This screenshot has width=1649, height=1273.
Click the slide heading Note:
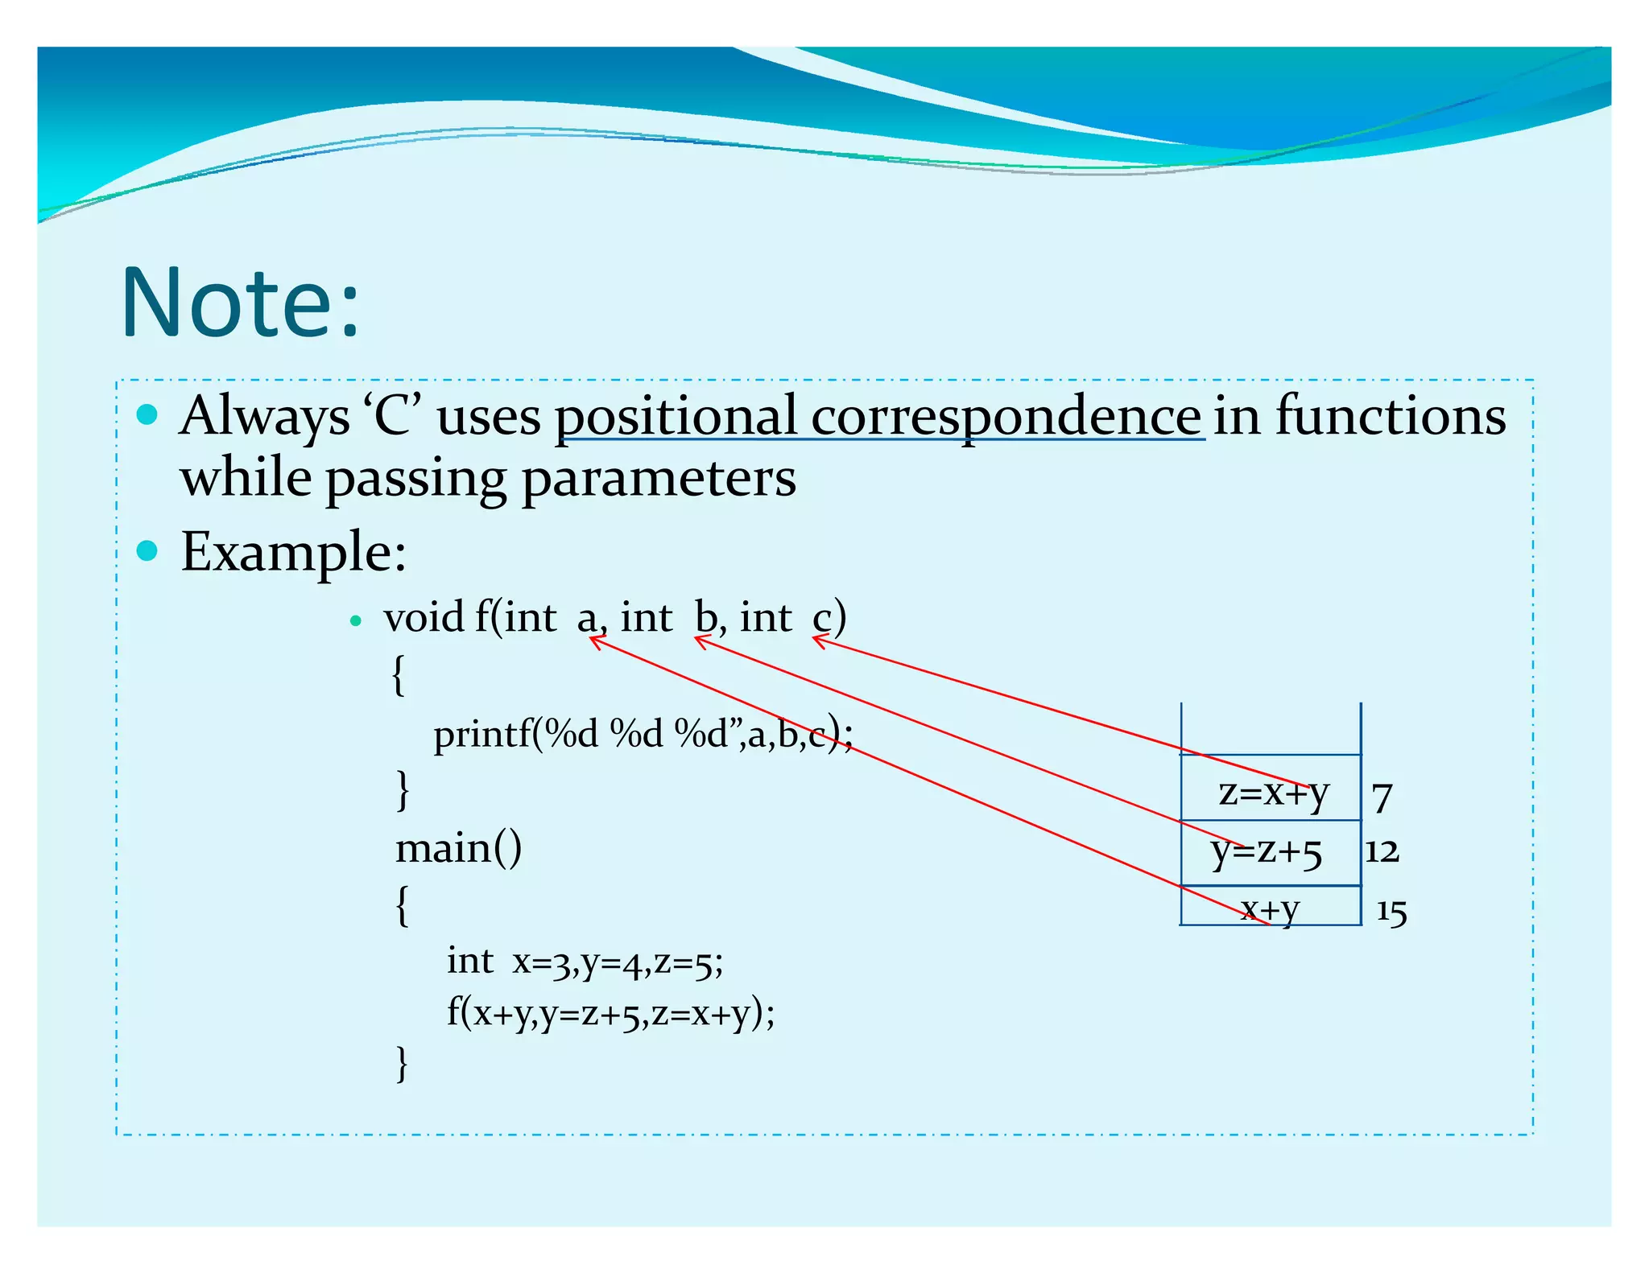pyautogui.click(x=240, y=303)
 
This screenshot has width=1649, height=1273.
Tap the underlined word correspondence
pyautogui.click(x=1006, y=418)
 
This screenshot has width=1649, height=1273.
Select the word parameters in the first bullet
pyautogui.click(x=658, y=479)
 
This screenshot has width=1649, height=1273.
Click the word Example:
pyautogui.click(x=293, y=553)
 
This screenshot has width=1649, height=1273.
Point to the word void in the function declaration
pyautogui.click(x=424, y=618)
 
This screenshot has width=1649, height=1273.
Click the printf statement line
pyautogui.click(x=642, y=734)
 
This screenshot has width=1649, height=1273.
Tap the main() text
pyautogui.click(x=458, y=848)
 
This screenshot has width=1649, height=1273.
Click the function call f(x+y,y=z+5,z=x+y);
pyautogui.click(x=610, y=1012)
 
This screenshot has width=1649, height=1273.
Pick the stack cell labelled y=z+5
pyautogui.click(x=1267, y=851)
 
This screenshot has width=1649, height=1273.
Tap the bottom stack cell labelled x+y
pyautogui.click(x=1270, y=908)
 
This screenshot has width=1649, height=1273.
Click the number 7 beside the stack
pyautogui.click(x=1382, y=797)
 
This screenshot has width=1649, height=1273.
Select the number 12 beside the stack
pyautogui.click(x=1382, y=851)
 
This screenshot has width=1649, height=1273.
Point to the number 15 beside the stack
pyautogui.click(x=1391, y=912)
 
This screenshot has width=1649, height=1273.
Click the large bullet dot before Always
pyautogui.click(x=147, y=415)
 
